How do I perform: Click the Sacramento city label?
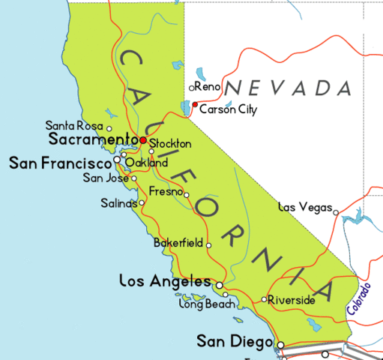(94, 139)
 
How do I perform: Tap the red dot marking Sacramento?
(142, 139)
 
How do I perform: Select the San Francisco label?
(60, 162)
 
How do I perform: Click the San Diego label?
(234, 342)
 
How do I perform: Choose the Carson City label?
(228, 110)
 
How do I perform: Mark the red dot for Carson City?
(195, 104)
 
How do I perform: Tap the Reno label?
(209, 88)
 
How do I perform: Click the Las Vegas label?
(304, 206)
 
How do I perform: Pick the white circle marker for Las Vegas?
(337, 212)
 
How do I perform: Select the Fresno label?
(165, 191)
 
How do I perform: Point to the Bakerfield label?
(178, 244)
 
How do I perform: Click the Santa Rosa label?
(73, 125)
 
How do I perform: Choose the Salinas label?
(118, 202)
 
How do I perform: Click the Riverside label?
(292, 300)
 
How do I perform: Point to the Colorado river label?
(358, 298)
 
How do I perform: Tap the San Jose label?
(105, 178)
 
